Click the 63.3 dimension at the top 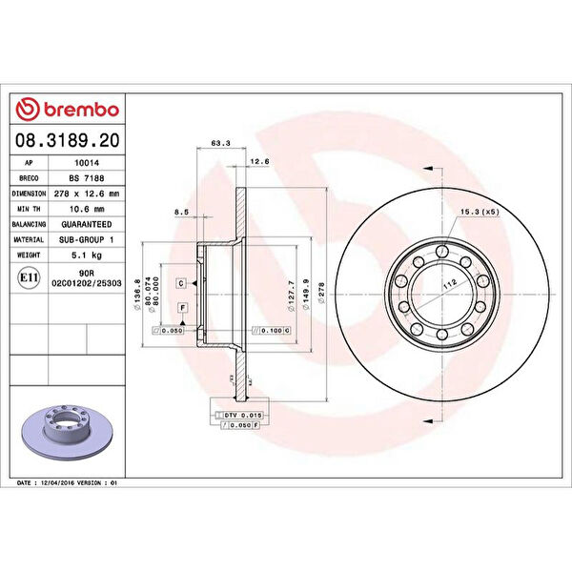[x=219, y=144]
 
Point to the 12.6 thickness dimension [x=259, y=162]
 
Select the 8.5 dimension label [x=181, y=213]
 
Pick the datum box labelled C [x=180, y=283]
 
